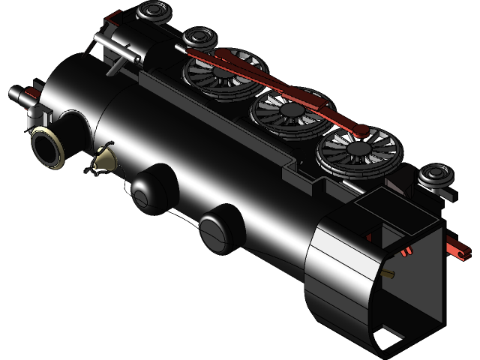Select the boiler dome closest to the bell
point(153,187)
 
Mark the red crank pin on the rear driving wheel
point(361,130)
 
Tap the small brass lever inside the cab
point(388,275)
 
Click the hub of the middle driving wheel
point(289,112)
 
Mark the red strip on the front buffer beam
point(28,93)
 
